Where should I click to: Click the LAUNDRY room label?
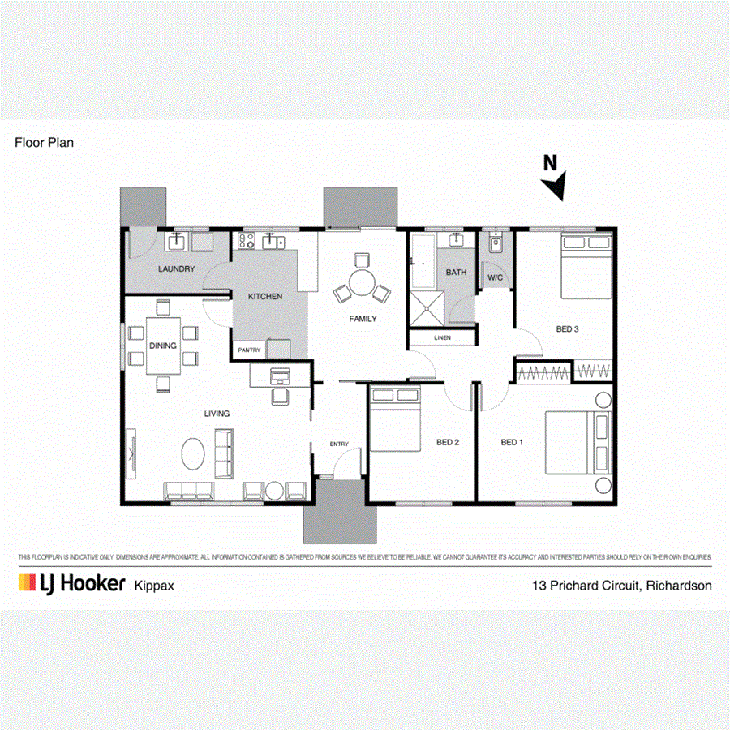[x=177, y=268]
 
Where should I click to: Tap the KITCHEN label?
[x=265, y=297]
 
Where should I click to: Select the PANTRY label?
[x=248, y=350]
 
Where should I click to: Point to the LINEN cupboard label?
[x=442, y=337]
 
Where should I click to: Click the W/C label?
[x=496, y=277]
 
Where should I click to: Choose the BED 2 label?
[x=448, y=442]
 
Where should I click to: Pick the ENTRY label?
[x=339, y=444]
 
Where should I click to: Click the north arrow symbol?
[x=554, y=185]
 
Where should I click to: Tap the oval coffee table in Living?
[x=193, y=453]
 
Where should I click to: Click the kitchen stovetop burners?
[x=247, y=240]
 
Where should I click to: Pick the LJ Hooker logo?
[x=71, y=583]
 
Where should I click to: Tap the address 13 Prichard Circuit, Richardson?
[x=621, y=585]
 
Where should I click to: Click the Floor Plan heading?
[x=45, y=142]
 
